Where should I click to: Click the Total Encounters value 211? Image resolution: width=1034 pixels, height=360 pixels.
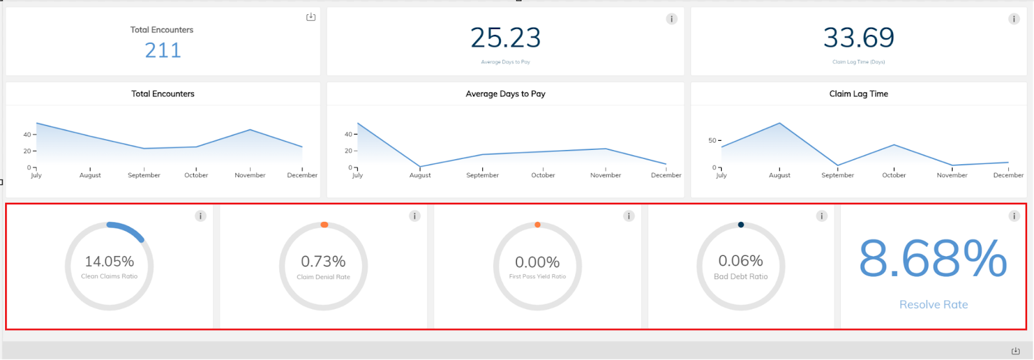[x=163, y=50]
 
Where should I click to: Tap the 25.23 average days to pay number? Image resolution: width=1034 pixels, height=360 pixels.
[x=505, y=38]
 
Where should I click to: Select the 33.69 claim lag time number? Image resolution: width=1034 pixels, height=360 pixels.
[x=858, y=38]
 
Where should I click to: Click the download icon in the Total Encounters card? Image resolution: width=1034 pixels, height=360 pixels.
[x=311, y=17]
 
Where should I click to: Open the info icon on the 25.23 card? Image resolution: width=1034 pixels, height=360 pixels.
[x=671, y=19]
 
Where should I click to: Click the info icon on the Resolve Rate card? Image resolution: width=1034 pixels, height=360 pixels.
[x=1014, y=216]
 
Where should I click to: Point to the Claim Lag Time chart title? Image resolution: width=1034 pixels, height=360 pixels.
[x=858, y=94]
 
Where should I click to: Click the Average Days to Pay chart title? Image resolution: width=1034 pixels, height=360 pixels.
[x=505, y=94]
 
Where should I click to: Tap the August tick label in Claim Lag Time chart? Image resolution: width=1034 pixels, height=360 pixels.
[x=779, y=175]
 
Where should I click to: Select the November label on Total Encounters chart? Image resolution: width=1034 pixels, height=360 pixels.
[x=250, y=175]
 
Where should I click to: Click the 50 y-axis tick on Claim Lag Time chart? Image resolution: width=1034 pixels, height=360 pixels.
[x=712, y=140]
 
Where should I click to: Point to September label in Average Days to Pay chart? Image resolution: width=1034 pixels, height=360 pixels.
[x=482, y=175]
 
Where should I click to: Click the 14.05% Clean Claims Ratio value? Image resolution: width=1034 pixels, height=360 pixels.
[x=109, y=262]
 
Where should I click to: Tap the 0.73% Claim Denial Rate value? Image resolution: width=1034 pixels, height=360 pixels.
[x=323, y=262]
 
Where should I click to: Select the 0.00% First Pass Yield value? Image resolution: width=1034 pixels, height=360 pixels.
[x=537, y=262]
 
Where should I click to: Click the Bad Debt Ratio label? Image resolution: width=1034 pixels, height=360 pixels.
[x=741, y=277]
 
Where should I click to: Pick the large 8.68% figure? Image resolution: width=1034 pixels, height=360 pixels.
[x=933, y=259]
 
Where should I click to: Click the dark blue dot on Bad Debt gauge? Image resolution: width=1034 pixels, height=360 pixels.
[x=741, y=225]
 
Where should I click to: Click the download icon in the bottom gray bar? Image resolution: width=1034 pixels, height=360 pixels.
[x=1015, y=351]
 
